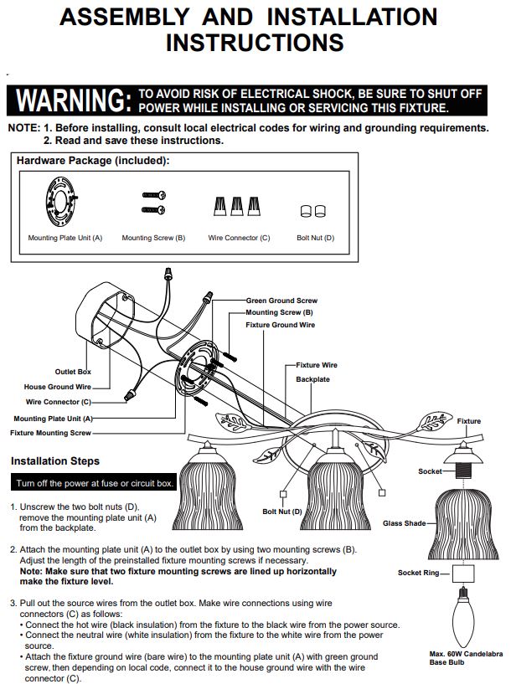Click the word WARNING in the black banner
pyautogui.click(x=74, y=100)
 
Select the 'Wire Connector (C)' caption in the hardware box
pyautogui.click(x=239, y=238)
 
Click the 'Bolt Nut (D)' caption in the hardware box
pyautogui.click(x=315, y=238)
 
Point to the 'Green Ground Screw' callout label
pyautogui.click(x=281, y=300)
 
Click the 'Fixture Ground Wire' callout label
pyautogui.click(x=280, y=325)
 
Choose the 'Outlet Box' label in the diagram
pyautogui.click(x=73, y=372)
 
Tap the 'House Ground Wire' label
pyautogui.click(x=58, y=387)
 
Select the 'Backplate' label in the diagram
pyautogui.click(x=312, y=379)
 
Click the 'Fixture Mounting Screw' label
pyautogui.click(x=50, y=433)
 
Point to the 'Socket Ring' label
pyautogui.click(x=419, y=573)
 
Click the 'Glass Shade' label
pyautogui.click(x=404, y=523)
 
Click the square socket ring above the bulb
pyautogui.click(x=463, y=573)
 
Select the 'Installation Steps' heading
pyautogui.click(x=55, y=461)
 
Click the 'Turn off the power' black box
pyautogui.click(x=94, y=482)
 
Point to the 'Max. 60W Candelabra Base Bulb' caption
pyautogui.click(x=466, y=658)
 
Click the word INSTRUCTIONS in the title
pyautogui.click(x=255, y=43)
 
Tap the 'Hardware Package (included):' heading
pyautogui.click(x=93, y=161)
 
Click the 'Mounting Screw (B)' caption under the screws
pyautogui.click(x=153, y=238)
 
